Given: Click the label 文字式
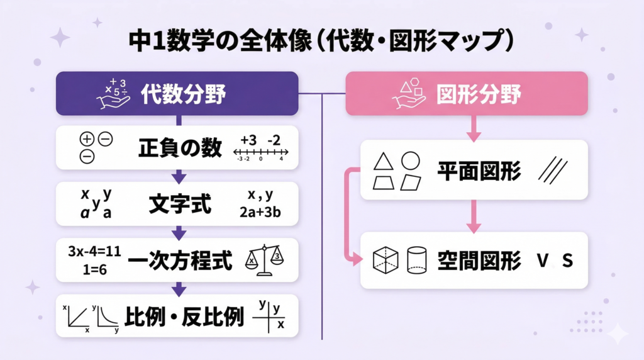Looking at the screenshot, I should (x=180, y=204).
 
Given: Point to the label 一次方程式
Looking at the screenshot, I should (x=180, y=260).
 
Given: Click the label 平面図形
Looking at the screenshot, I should (x=479, y=171).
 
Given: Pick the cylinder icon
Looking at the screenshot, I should (x=417, y=260).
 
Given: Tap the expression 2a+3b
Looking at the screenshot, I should (x=260, y=213).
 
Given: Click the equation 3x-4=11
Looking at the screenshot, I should (x=94, y=252).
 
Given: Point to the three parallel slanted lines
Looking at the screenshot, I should (x=553, y=171).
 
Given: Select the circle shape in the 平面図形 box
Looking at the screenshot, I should (x=411, y=161).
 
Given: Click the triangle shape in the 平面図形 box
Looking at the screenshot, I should (x=384, y=162).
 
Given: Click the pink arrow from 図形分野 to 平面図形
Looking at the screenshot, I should (x=474, y=128).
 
